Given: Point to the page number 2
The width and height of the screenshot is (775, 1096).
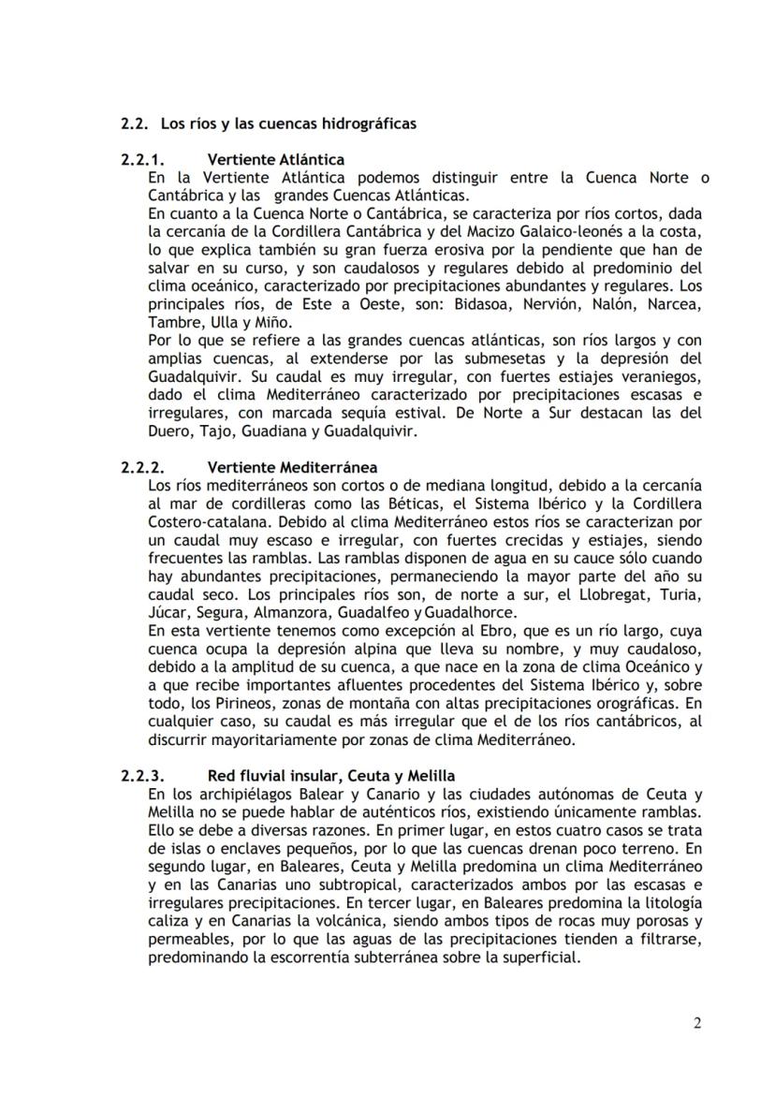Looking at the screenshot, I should click(697, 1022).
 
